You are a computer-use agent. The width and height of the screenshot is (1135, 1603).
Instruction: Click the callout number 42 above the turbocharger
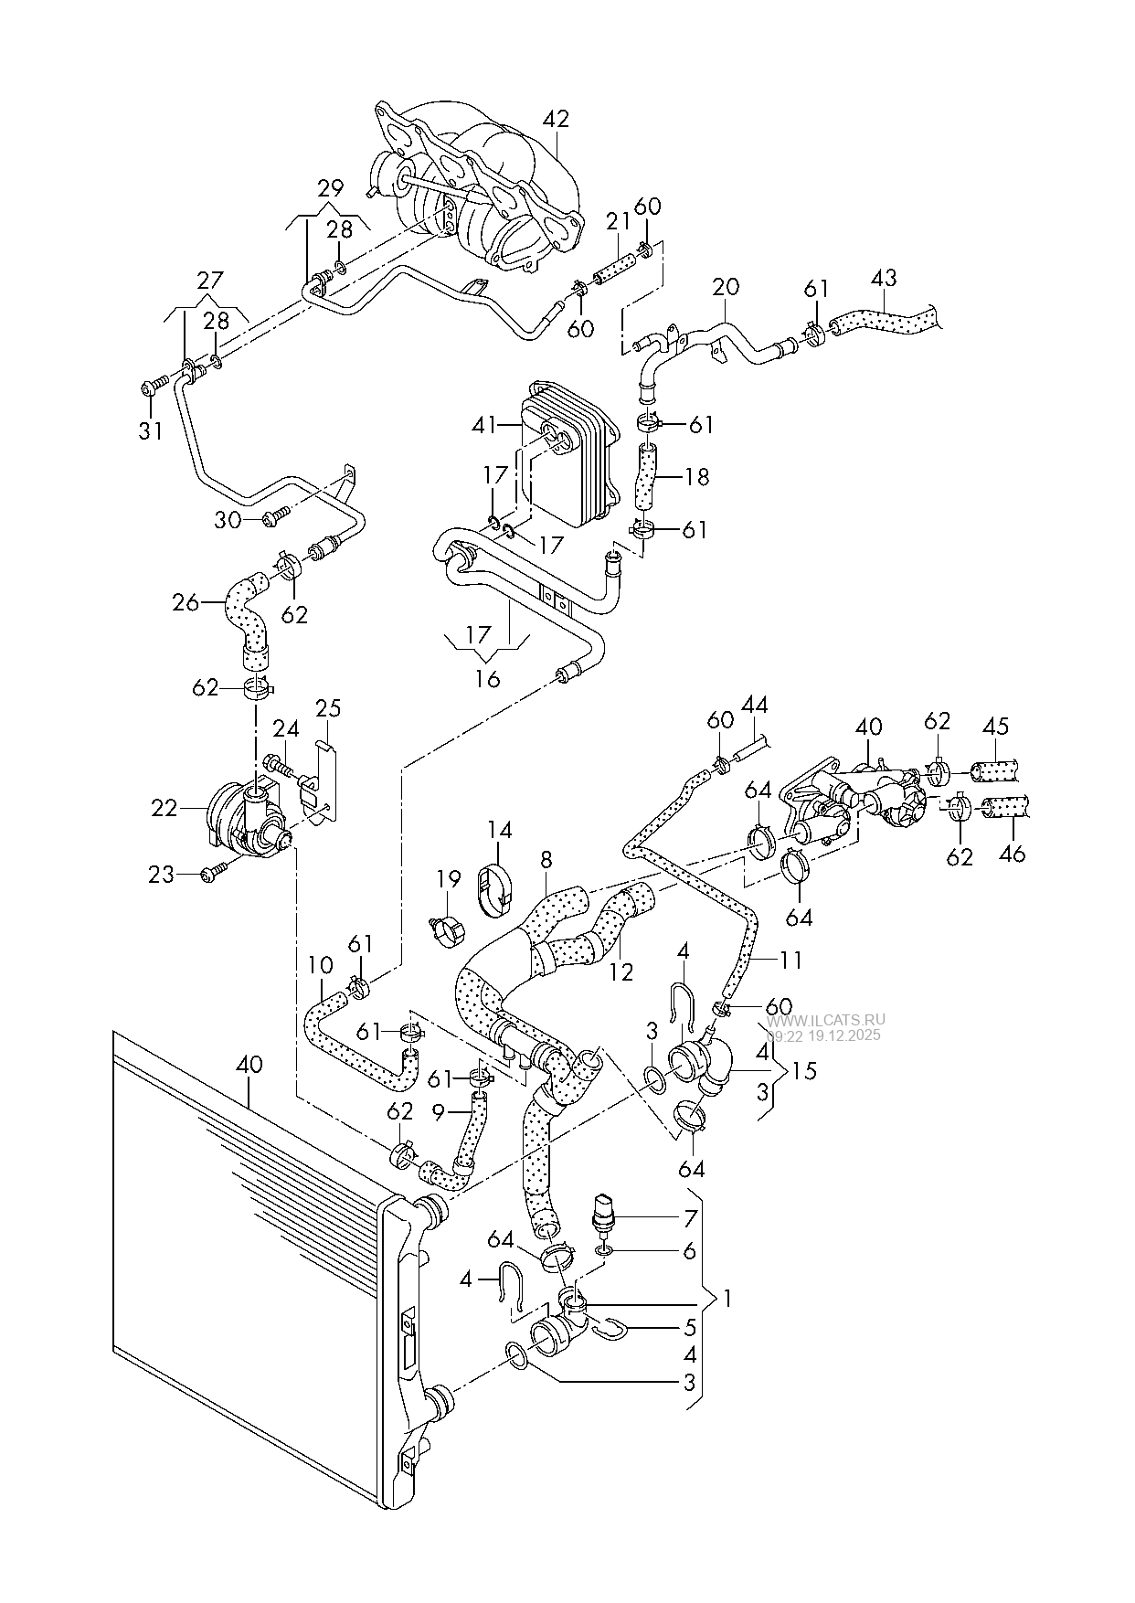[556, 119]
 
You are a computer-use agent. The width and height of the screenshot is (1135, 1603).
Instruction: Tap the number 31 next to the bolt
[150, 430]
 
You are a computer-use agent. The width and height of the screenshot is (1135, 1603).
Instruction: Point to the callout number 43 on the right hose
[884, 277]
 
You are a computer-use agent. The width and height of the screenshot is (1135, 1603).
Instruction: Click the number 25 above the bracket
[328, 708]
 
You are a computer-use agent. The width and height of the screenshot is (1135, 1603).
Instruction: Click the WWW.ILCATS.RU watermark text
[826, 1021]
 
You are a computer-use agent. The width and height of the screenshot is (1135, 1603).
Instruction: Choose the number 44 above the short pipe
[754, 705]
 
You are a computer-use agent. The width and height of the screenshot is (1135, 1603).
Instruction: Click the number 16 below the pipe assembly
[488, 679]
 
